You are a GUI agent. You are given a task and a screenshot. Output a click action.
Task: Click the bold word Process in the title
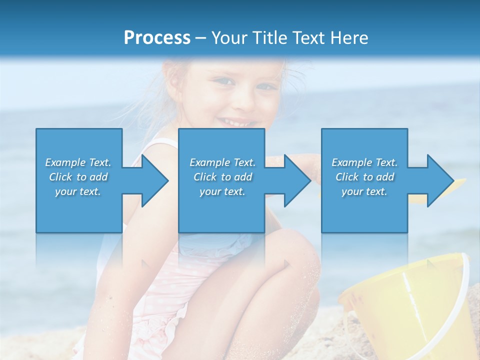tap(157, 38)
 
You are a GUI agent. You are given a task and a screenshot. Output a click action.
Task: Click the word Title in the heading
tap(269, 38)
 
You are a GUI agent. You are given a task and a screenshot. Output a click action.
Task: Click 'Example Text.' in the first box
tap(78, 162)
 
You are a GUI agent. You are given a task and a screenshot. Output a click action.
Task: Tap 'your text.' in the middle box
tap(222, 191)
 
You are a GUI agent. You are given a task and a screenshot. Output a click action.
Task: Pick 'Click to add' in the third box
tap(364, 177)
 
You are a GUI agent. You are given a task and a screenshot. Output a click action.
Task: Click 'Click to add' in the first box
tap(78, 177)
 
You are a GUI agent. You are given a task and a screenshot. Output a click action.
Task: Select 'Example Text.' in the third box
tap(364, 162)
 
